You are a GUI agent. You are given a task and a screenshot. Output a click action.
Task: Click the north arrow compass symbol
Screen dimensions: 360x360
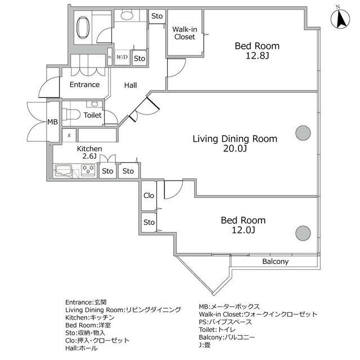340,19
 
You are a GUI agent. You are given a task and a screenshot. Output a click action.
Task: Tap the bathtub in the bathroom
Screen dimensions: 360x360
83,28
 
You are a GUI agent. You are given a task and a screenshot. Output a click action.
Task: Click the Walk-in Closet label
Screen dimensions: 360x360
184,33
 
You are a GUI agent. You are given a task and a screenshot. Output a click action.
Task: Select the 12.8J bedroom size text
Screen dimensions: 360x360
257,56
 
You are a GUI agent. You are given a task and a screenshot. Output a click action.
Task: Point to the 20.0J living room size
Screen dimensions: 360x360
235,148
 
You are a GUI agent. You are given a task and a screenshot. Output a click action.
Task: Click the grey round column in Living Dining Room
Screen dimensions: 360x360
303,133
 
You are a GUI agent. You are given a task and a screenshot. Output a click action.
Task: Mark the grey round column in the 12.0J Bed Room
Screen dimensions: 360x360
303,233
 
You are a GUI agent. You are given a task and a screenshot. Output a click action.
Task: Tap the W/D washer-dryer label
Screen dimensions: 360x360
122,57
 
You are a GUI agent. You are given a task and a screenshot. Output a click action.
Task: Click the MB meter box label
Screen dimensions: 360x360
52,122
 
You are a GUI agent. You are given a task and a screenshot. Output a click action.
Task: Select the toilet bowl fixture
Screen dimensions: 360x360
71,114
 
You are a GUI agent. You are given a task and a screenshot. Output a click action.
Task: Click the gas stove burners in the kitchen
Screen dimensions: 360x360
88,170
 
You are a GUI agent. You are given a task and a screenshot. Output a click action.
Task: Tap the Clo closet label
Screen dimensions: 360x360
148,195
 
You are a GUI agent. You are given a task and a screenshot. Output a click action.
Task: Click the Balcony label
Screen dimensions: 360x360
275,262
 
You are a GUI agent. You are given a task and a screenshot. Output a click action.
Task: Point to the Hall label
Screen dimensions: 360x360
130,85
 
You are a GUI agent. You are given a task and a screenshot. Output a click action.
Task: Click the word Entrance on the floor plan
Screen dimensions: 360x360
84,84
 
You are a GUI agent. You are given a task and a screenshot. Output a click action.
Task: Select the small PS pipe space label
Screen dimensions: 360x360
110,57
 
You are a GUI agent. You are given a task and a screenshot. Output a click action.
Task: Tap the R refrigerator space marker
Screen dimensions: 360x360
69,136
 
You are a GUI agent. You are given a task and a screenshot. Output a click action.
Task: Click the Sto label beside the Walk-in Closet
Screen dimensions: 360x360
157,16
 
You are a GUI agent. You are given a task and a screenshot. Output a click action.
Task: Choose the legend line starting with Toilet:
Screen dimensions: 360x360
217,330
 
